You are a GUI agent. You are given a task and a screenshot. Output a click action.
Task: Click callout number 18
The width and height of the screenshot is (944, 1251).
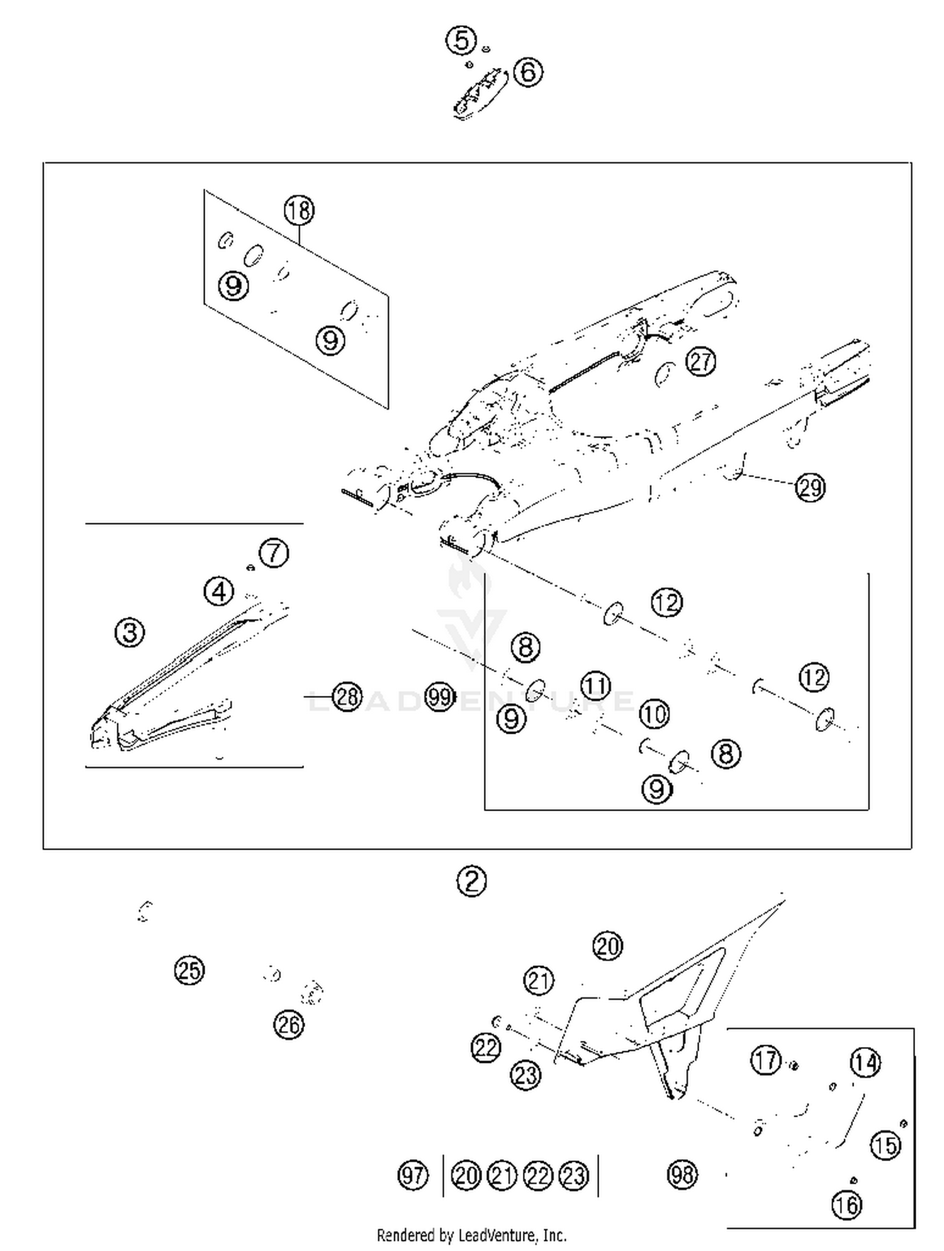299,210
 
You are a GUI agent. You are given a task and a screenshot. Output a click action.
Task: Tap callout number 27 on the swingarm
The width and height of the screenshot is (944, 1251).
700,361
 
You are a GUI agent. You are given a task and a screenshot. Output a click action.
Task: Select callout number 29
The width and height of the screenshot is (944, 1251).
810,487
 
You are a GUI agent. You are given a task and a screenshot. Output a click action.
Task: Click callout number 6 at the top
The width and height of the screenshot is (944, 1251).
528,72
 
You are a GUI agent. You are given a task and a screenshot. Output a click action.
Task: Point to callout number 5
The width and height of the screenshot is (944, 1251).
461,41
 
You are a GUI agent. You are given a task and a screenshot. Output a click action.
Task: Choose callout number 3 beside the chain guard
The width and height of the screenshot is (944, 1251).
130,632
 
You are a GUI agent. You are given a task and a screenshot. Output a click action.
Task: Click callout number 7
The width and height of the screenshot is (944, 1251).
274,553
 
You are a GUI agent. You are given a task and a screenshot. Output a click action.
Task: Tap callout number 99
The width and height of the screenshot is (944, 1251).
439,697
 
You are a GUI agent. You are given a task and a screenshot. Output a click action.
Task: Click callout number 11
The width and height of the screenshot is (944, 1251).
595,685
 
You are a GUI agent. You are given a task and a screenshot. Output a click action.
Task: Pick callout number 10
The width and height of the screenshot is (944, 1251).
654,714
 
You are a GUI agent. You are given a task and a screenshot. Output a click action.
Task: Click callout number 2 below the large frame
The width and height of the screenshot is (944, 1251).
471,881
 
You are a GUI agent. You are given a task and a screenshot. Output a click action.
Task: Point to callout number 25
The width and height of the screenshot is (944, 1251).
189,970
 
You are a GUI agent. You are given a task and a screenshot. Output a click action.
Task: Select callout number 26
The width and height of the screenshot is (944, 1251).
289,1025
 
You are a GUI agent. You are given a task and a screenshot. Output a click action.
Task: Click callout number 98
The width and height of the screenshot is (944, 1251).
682,1174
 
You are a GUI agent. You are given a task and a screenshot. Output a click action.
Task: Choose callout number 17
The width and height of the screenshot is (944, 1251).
766,1060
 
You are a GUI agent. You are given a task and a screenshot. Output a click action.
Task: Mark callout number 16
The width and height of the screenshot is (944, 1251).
846,1205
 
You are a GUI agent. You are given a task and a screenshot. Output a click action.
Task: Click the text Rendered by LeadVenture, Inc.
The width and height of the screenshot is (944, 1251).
471,1235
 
